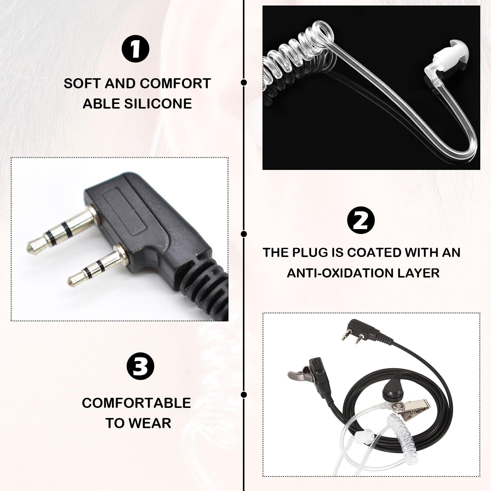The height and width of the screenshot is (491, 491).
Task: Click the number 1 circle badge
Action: click(136, 49)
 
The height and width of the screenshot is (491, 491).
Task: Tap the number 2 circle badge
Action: click(361, 221)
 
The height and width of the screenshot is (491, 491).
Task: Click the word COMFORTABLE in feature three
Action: click(136, 403)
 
